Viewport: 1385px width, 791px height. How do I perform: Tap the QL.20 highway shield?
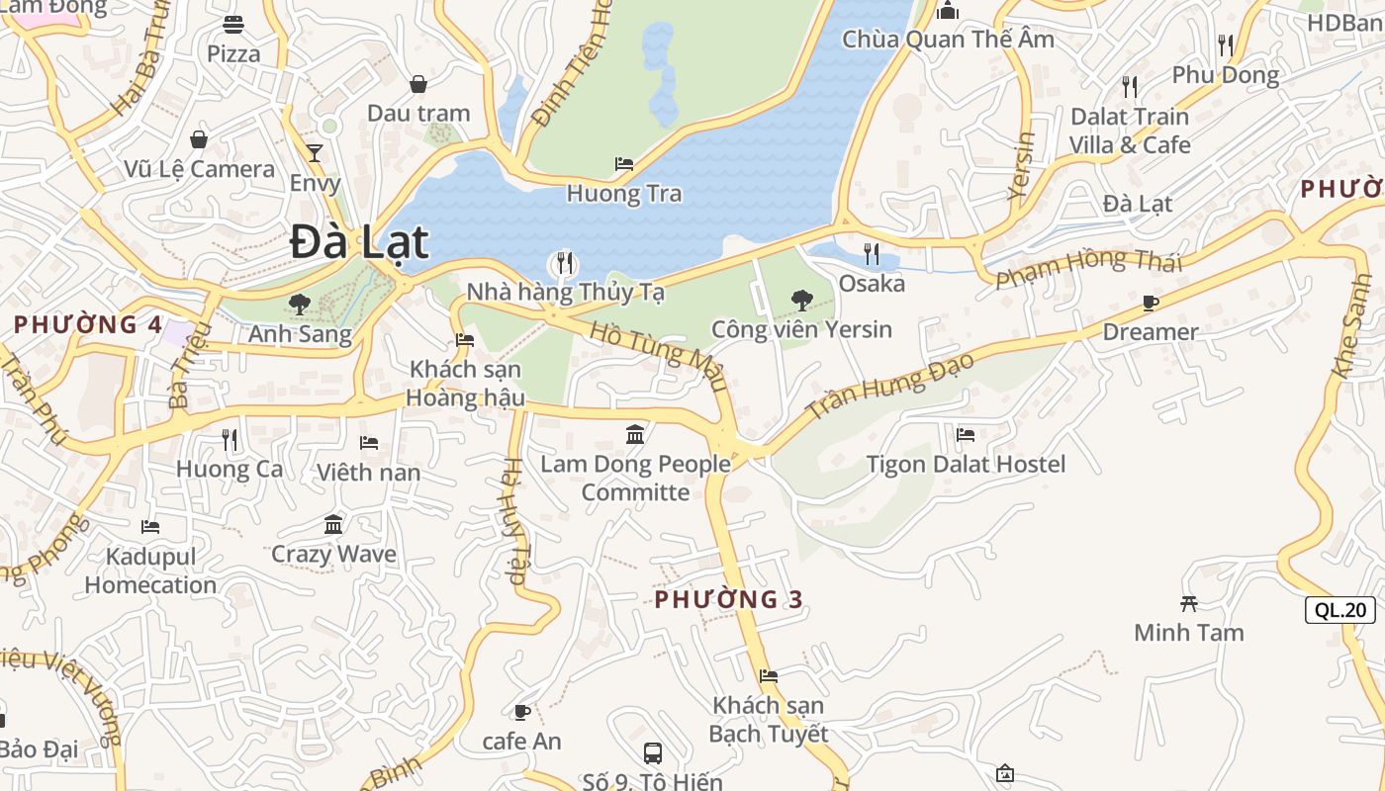click(1339, 610)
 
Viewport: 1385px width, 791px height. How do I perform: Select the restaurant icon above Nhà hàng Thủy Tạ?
click(564, 263)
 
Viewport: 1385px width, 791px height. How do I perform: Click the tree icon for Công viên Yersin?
click(801, 300)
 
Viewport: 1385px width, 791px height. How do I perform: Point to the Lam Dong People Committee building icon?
click(635, 434)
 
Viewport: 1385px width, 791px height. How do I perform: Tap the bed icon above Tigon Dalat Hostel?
click(966, 434)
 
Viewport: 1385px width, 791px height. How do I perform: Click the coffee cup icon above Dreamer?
click(1150, 303)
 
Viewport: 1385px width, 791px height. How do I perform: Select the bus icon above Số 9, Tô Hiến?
click(653, 752)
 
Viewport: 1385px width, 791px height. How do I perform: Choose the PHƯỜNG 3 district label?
click(728, 599)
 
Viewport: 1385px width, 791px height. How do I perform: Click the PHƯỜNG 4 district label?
click(88, 324)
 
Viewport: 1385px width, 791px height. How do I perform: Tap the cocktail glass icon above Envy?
click(315, 153)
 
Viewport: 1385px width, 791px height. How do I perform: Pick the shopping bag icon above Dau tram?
click(418, 84)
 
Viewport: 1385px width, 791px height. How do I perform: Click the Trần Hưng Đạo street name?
click(889, 386)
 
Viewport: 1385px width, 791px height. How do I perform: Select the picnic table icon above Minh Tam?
click(1189, 603)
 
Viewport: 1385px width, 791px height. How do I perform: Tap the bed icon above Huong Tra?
click(623, 164)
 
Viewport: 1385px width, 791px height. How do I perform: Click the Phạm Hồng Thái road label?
click(1088, 267)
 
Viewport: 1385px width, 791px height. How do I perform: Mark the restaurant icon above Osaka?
click(871, 254)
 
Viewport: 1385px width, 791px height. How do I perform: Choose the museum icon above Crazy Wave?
click(333, 524)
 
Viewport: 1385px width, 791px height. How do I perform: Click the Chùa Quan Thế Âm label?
click(948, 40)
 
